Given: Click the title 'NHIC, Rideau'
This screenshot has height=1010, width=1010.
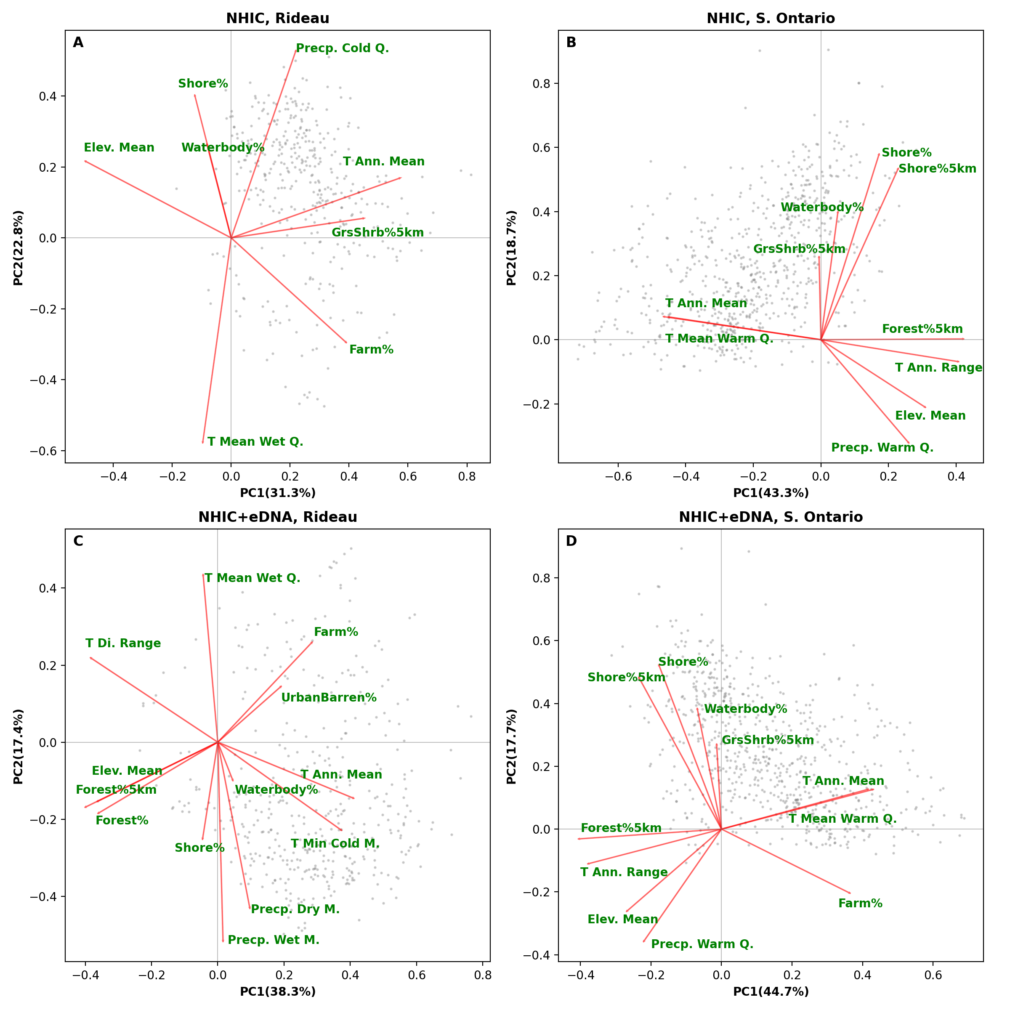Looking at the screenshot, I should click(x=278, y=19).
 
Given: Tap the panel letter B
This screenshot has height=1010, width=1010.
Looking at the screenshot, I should click(x=571, y=43).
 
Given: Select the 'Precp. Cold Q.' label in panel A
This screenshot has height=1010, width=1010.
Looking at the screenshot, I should click(x=343, y=49).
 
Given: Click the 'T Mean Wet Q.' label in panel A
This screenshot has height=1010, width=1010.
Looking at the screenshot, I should click(x=255, y=442).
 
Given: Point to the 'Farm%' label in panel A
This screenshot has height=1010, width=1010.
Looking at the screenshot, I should click(x=371, y=350).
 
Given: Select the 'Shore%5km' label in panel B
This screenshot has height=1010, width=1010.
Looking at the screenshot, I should click(x=937, y=169).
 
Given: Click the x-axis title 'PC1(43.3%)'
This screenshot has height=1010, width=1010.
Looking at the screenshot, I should click(x=771, y=493).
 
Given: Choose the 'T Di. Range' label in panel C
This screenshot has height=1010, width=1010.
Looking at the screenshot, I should click(x=123, y=643).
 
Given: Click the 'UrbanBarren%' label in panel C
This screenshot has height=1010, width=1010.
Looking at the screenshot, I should click(x=329, y=698).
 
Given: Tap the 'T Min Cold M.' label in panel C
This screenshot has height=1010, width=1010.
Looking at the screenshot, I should click(x=335, y=844).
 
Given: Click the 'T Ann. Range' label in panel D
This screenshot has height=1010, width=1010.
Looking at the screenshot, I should click(x=624, y=872).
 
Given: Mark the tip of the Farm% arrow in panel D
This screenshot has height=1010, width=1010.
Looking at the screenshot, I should click(x=850, y=893).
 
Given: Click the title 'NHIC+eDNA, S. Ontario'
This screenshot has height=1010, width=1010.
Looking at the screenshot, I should click(x=771, y=518).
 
